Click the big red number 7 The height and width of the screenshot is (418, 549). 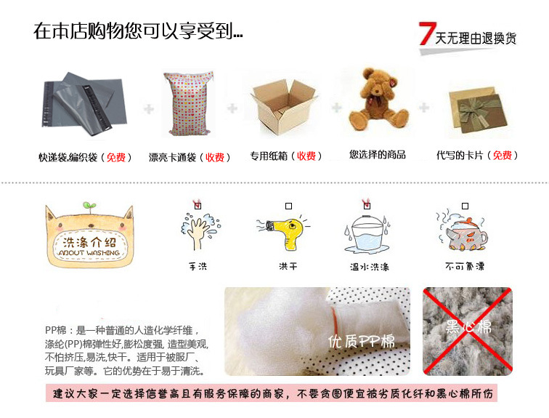[427, 33]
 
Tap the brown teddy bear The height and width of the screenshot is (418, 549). [378, 99]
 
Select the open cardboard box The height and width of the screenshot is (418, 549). [284, 107]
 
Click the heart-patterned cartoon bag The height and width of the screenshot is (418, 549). [188, 104]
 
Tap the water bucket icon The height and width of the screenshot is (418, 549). [367, 233]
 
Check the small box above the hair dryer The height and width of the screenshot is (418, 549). [288, 206]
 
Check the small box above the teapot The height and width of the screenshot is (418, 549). [465, 206]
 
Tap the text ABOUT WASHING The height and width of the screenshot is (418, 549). [89, 253]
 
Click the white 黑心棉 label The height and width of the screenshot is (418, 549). [468, 327]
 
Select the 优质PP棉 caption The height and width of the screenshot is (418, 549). [361, 341]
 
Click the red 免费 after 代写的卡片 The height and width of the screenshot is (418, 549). [502, 156]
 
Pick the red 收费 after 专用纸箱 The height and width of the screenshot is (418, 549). [306, 156]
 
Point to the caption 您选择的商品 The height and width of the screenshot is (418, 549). [378, 155]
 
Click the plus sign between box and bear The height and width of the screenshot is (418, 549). [336, 108]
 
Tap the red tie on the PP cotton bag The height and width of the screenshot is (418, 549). [335, 320]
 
